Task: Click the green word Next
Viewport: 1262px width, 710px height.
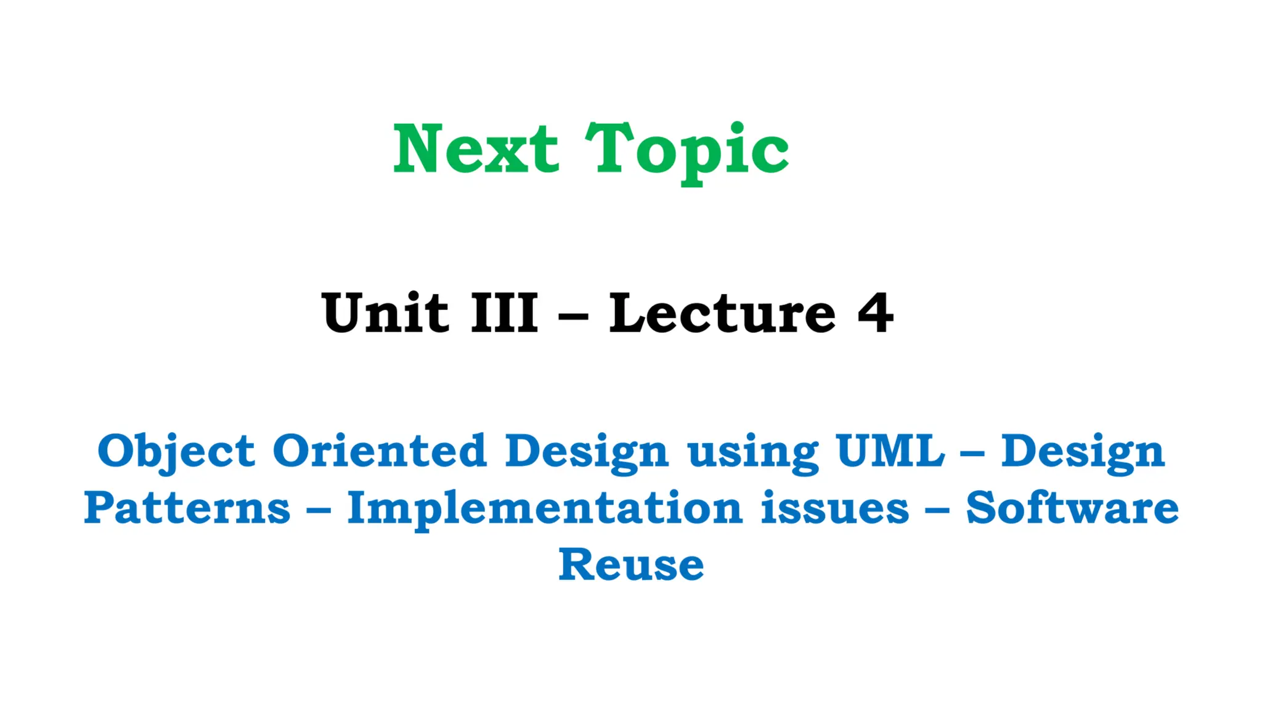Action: coord(476,149)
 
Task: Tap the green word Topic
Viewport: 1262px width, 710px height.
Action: coord(686,151)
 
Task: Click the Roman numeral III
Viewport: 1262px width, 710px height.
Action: coord(504,313)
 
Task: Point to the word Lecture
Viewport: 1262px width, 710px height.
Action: coord(722,313)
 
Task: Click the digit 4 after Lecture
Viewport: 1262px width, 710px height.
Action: coord(875,313)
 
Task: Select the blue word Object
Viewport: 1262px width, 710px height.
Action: coord(176,452)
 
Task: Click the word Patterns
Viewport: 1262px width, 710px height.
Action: coord(187,508)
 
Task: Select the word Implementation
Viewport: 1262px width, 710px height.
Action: coord(545,510)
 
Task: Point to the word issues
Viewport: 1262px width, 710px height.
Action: coord(834,508)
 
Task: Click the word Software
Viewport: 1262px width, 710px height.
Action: coord(1072,508)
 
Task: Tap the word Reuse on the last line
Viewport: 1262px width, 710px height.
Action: coord(631,565)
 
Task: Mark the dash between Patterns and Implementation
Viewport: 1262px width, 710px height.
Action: coord(319,511)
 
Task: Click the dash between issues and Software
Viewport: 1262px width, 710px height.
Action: coord(937,511)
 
